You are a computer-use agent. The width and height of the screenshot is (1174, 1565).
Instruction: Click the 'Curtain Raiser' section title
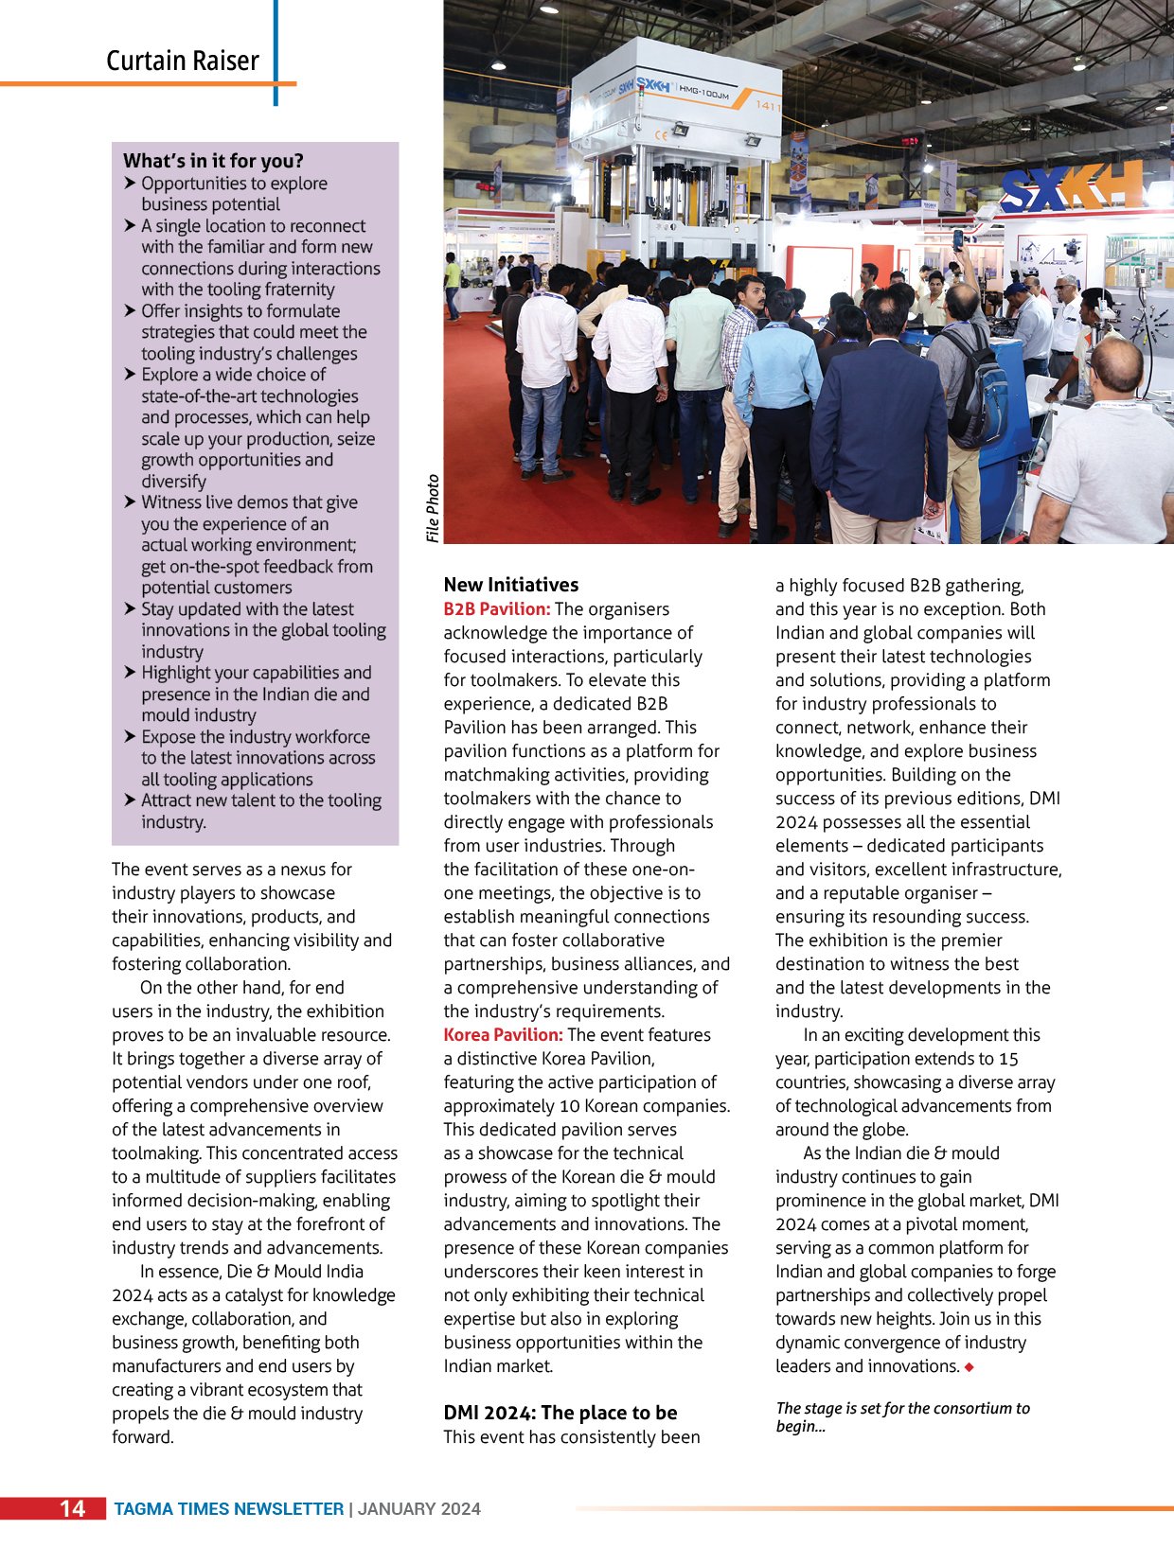(x=182, y=62)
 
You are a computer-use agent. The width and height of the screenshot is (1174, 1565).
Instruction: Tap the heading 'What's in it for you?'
(x=213, y=161)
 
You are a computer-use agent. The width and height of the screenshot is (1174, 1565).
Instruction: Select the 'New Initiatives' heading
(x=510, y=585)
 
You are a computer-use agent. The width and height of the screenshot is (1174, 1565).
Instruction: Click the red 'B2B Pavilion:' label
(x=496, y=609)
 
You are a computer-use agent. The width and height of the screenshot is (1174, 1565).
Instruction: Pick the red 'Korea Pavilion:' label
(x=503, y=1035)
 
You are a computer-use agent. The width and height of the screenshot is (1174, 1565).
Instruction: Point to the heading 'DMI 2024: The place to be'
(x=560, y=1413)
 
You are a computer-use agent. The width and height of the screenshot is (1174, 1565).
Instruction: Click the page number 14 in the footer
(x=73, y=1508)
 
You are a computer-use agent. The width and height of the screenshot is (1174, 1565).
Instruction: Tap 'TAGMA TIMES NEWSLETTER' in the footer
(x=228, y=1509)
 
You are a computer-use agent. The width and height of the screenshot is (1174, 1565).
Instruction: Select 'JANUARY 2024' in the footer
(x=419, y=1509)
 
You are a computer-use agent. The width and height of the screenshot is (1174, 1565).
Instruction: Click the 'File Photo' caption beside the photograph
(x=433, y=508)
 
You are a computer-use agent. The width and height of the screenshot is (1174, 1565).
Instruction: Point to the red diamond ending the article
(x=969, y=1367)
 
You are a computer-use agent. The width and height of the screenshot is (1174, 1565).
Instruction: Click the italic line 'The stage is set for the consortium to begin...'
(x=901, y=1416)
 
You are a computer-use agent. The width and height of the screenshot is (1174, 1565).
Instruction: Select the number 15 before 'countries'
(x=1008, y=1059)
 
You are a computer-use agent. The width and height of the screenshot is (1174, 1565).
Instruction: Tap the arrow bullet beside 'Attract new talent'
(x=130, y=800)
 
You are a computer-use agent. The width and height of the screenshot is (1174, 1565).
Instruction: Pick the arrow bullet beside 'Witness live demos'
(x=130, y=502)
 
